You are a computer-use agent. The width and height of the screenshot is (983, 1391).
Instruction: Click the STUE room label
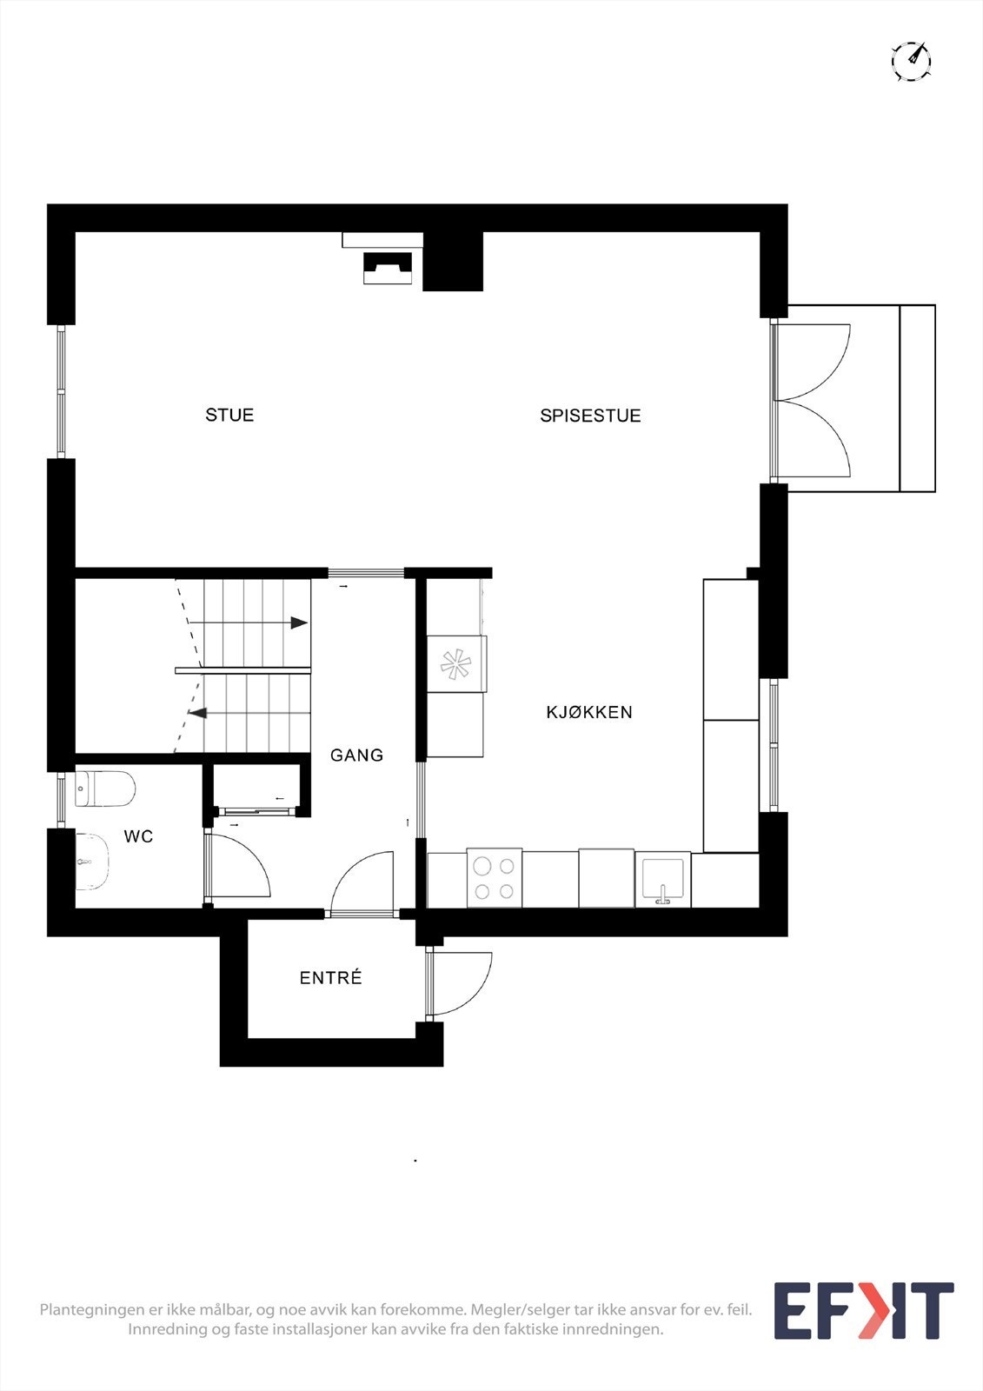pos(229,416)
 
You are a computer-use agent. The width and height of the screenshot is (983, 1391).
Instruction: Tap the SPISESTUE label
pos(590,416)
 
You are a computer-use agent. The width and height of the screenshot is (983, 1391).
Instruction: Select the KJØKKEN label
pos(589,713)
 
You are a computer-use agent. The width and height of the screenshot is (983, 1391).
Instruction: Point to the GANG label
pos(356,755)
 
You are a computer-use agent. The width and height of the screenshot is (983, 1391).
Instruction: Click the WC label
pos(138,837)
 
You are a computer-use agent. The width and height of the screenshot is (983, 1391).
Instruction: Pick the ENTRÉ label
pos(330,978)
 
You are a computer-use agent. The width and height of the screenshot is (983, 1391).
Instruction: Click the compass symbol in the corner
pos(911,61)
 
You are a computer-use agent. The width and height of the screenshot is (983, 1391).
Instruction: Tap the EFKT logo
pos(863,1311)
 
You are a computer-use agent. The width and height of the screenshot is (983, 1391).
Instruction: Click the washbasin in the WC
pos(90,862)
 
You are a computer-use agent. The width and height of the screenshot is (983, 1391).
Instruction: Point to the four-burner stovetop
pos(495,878)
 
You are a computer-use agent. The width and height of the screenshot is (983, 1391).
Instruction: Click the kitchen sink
pos(662,880)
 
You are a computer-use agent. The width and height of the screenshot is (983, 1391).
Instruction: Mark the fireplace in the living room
pos(387,268)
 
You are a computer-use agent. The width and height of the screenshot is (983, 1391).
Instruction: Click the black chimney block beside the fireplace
pos(453,262)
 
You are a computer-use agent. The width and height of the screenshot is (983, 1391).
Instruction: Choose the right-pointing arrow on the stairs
pos(298,623)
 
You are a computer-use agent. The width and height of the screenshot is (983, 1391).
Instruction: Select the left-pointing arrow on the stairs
pos(198,714)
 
